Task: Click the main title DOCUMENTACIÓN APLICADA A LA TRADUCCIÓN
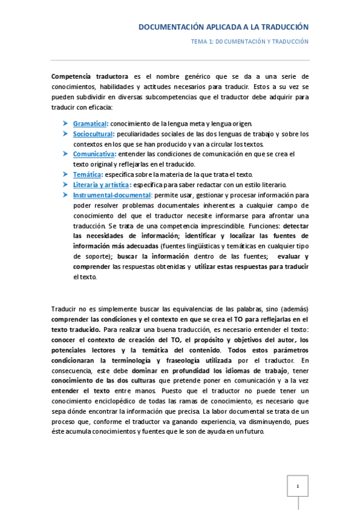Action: [x=223, y=28]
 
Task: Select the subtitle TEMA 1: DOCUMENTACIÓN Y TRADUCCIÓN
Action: [x=249, y=42]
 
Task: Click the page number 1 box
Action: [x=297, y=485]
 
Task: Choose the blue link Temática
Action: [x=87, y=174]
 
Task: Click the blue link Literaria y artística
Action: [x=101, y=185]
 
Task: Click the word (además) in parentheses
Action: [x=294, y=309]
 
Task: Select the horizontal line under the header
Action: [x=180, y=60]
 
